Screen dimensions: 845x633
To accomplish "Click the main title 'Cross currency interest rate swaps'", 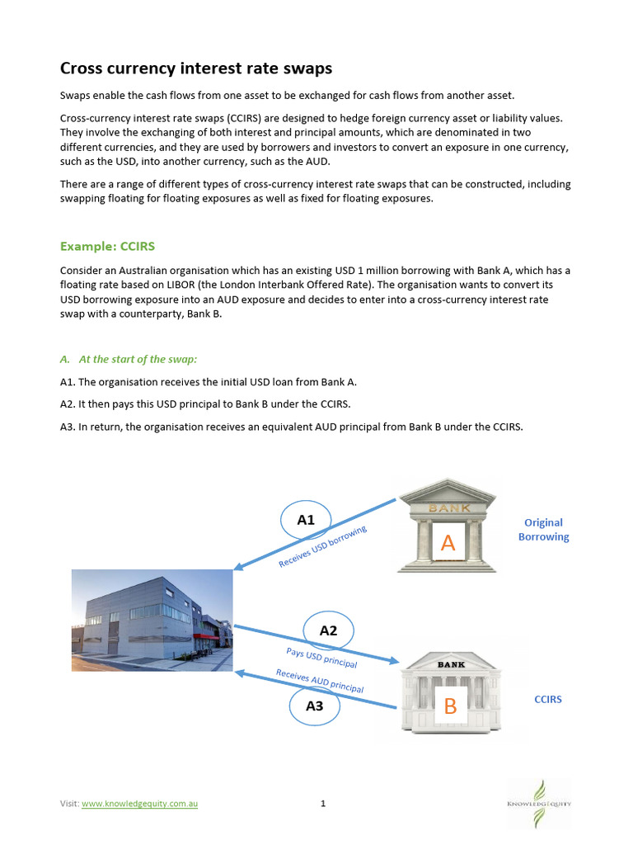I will pyautogui.click(x=197, y=68).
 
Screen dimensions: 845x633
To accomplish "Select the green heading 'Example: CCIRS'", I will pyautogui.click(x=107, y=246).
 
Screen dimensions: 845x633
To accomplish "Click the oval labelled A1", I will pyautogui.click(x=306, y=520).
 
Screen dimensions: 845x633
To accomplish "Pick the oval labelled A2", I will pyautogui.click(x=328, y=631).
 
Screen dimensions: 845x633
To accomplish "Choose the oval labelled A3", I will pyautogui.click(x=314, y=706).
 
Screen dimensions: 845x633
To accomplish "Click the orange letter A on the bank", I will pyautogui.click(x=448, y=542).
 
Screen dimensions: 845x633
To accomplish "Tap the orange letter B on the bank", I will pyautogui.click(x=450, y=706).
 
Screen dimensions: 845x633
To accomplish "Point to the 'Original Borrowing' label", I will pyautogui.click(x=543, y=529).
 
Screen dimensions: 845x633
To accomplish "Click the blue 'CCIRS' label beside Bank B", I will pyautogui.click(x=548, y=699).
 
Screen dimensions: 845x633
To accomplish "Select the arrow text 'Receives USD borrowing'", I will pyautogui.click(x=322, y=546).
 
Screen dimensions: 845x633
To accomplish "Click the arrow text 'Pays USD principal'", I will pyautogui.click(x=321, y=658).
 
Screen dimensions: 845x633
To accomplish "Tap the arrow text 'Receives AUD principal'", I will pyautogui.click(x=319, y=681).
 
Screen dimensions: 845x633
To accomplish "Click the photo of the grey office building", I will pyautogui.click(x=152, y=619).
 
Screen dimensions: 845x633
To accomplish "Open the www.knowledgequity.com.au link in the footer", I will pyautogui.click(x=139, y=804).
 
